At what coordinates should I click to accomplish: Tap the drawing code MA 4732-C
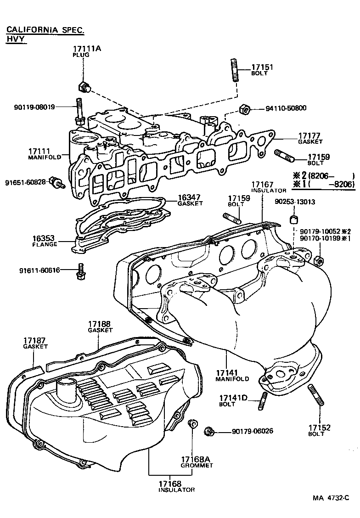[x=331, y=498]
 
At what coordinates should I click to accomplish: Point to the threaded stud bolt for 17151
[x=234, y=70]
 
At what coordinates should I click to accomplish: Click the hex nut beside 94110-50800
[x=245, y=109]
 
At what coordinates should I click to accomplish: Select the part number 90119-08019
[x=34, y=107]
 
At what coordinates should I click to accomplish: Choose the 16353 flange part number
[x=44, y=238]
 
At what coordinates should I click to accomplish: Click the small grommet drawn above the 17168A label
[x=193, y=422]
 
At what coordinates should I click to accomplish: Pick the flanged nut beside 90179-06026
[x=209, y=431]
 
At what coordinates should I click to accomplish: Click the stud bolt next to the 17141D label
[x=264, y=401]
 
